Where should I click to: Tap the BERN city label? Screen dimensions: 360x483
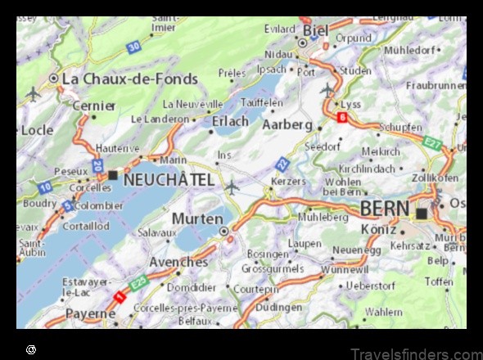(385, 209)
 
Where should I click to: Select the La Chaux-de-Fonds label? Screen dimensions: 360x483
(130, 79)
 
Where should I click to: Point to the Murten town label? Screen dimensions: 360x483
(196, 219)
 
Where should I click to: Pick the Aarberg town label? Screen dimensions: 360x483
(287, 124)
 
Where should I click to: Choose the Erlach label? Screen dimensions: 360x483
(230, 121)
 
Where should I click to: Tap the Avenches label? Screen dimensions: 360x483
(178, 262)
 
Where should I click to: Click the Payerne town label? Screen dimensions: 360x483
(90, 314)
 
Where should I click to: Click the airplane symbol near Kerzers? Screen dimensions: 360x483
(232, 187)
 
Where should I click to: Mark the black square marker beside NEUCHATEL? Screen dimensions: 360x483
(113, 175)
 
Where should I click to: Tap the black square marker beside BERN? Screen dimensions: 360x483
(422, 214)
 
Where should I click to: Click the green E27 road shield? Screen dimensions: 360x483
(434, 143)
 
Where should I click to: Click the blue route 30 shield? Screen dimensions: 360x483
(133, 48)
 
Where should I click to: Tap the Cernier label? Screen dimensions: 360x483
(93, 106)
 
